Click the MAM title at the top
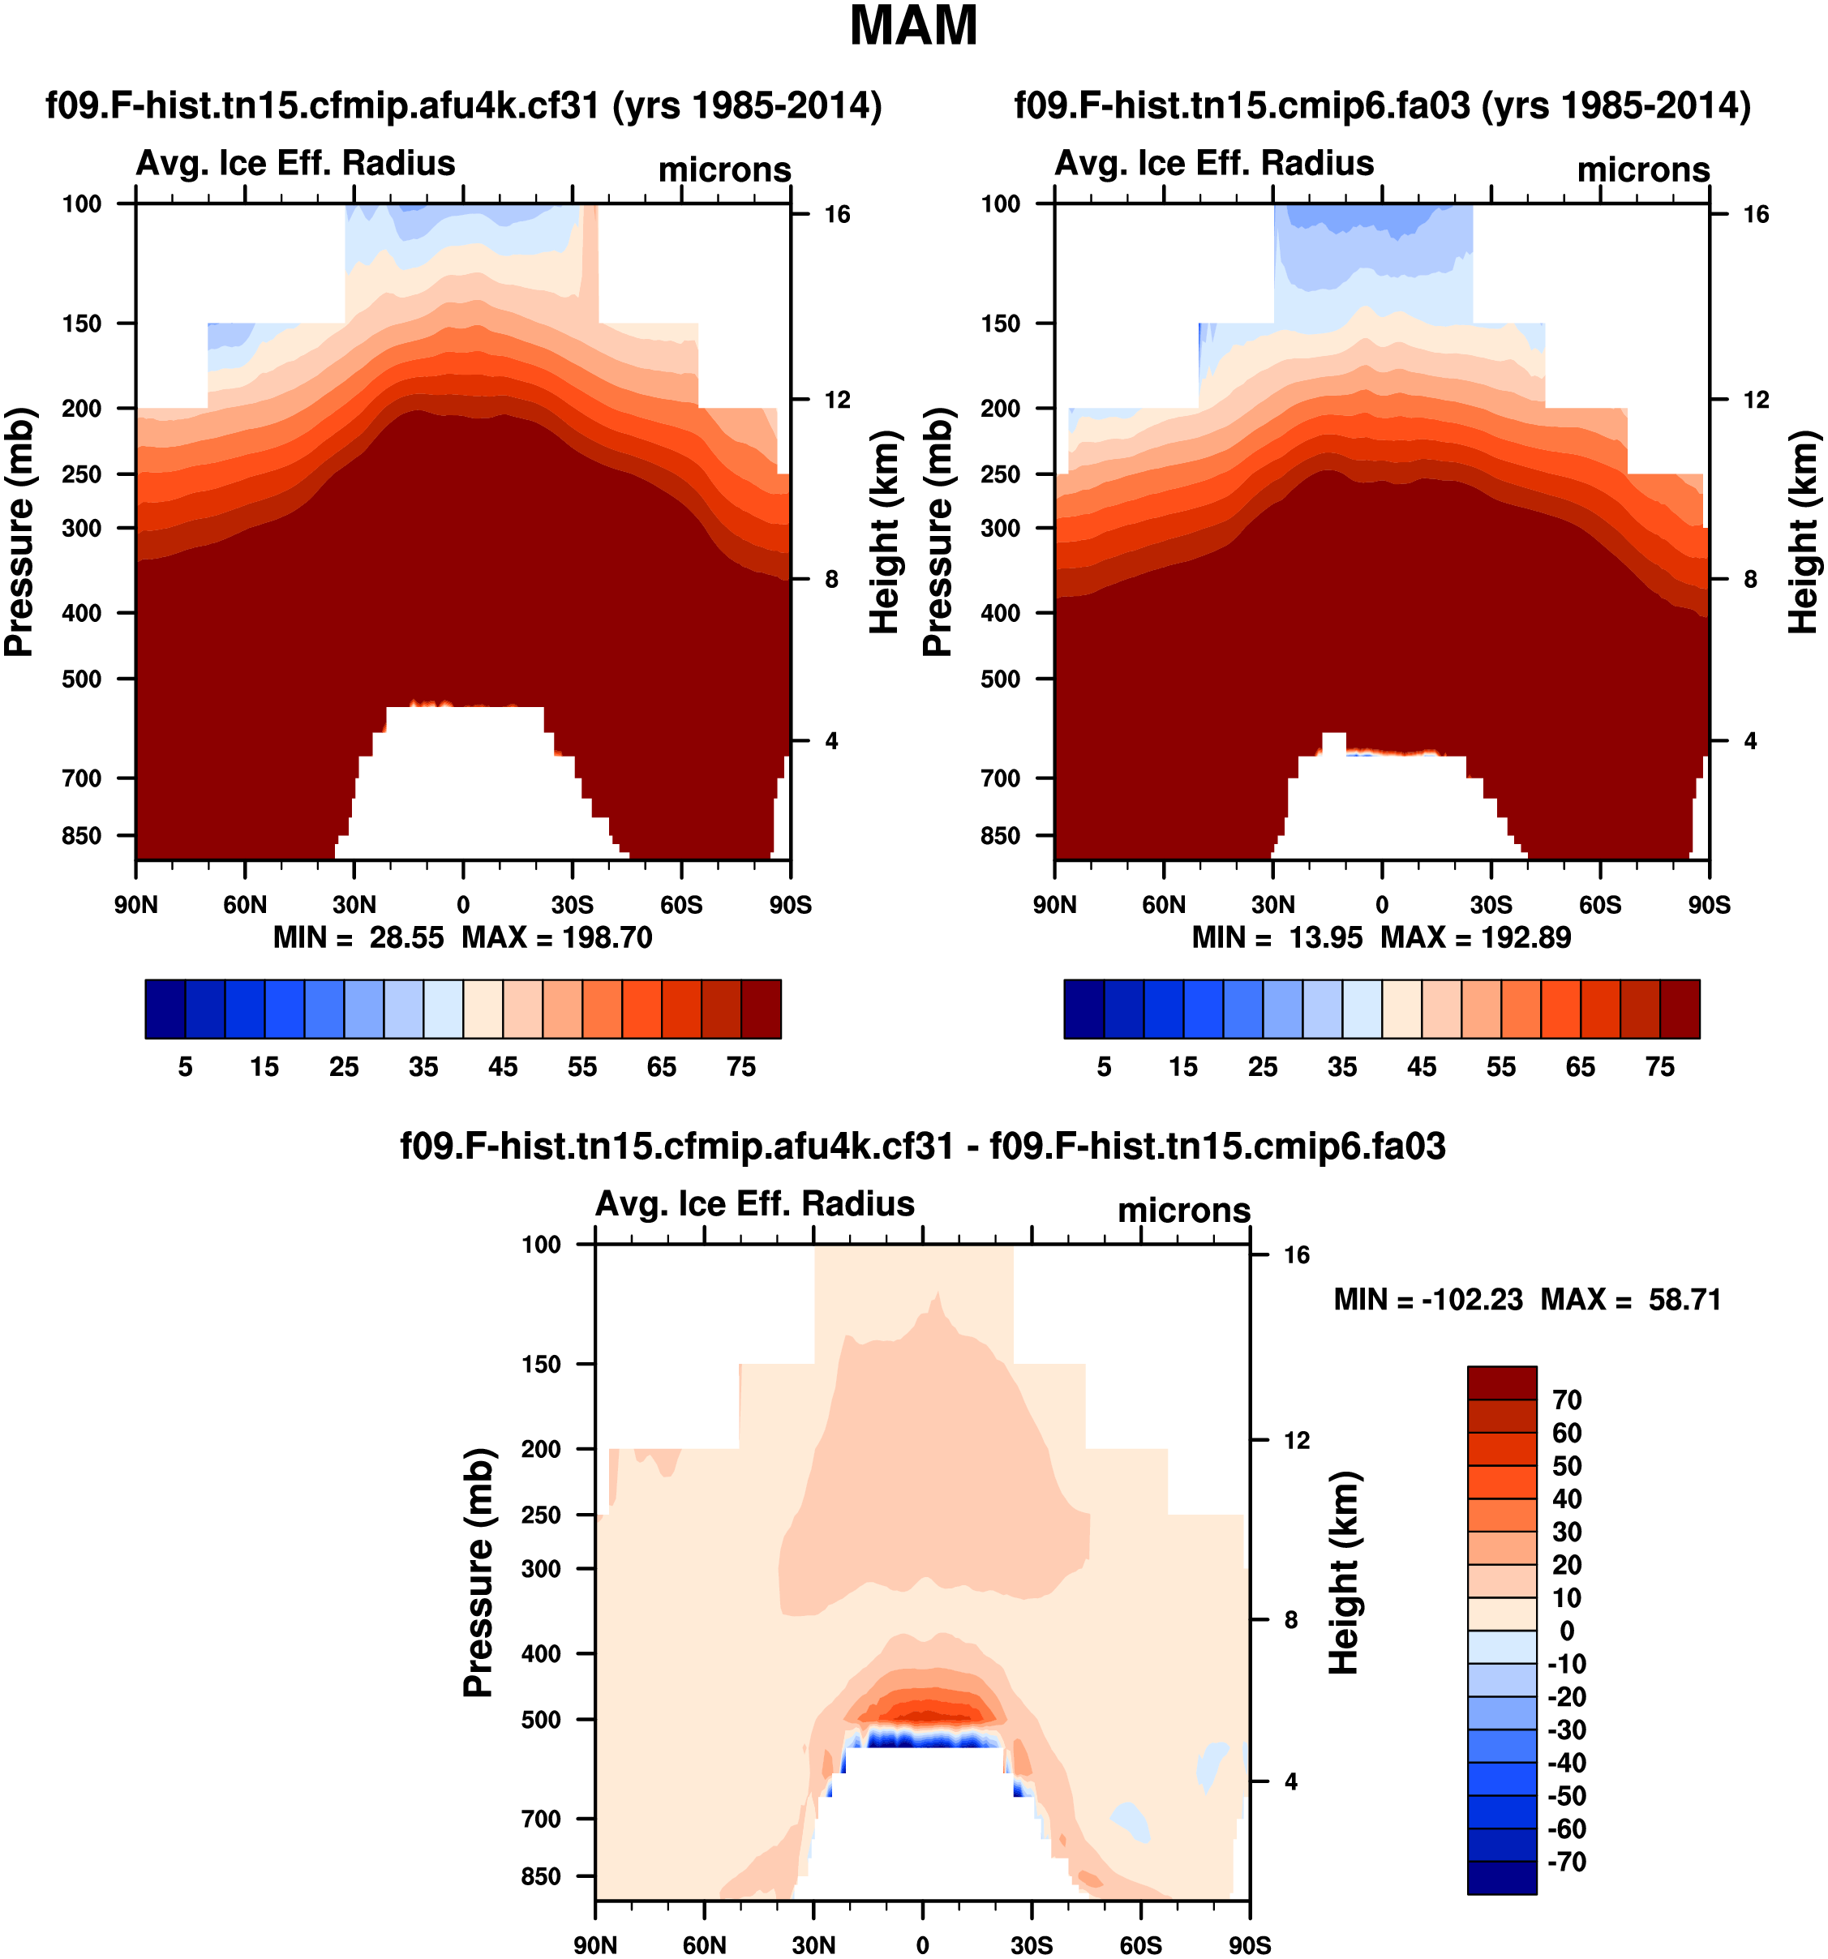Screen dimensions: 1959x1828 tap(912, 27)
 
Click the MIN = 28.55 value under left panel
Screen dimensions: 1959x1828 tap(358, 937)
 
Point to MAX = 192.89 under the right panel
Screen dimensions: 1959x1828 tap(1475, 937)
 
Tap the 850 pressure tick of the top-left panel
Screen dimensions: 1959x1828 tap(82, 836)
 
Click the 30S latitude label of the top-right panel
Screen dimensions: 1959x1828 tap(1491, 905)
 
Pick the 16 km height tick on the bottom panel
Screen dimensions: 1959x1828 tap(1297, 1254)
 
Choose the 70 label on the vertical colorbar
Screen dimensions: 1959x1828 tap(1567, 1400)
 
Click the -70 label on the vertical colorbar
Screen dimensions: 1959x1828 tap(1567, 1862)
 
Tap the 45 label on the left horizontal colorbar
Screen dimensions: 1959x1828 tap(503, 1067)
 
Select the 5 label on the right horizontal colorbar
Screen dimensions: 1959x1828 tap(1104, 1067)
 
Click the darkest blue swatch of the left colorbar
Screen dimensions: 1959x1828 tap(165, 1009)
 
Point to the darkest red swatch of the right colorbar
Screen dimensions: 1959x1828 tap(1680, 1009)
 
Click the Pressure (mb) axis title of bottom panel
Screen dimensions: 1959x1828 tap(478, 1573)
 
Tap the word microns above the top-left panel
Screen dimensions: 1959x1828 tap(724, 170)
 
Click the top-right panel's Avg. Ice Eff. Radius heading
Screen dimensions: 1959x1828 tap(1214, 164)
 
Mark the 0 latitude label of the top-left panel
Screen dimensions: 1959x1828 tap(463, 905)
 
